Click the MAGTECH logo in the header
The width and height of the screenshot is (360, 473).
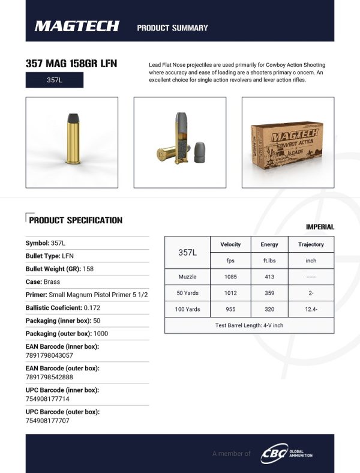tap(77, 26)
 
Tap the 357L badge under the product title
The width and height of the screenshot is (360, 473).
tap(55, 80)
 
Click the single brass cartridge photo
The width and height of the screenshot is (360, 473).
tap(72, 142)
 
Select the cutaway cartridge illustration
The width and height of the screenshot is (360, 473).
tap(179, 142)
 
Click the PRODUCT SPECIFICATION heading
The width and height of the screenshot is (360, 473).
tap(76, 220)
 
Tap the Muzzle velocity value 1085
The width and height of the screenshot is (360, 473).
tap(230, 277)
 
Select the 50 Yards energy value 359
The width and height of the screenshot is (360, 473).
tap(269, 293)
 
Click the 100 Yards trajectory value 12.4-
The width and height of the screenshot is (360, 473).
tap(311, 309)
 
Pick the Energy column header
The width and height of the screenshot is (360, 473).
tap(269, 245)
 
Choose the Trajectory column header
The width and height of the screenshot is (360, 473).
tap(311, 245)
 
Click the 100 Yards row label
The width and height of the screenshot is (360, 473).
tap(188, 309)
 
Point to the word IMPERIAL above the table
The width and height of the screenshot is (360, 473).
tap(320, 227)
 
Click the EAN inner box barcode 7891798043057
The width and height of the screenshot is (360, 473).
tap(49, 356)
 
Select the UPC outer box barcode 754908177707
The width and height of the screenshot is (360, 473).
tap(47, 421)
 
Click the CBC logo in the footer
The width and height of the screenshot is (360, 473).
tap(274, 453)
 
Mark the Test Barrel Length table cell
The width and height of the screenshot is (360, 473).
tap(249, 325)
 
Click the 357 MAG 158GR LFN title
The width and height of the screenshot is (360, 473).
tap(71, 64)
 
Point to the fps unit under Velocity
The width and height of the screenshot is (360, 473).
tap(230, 261)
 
